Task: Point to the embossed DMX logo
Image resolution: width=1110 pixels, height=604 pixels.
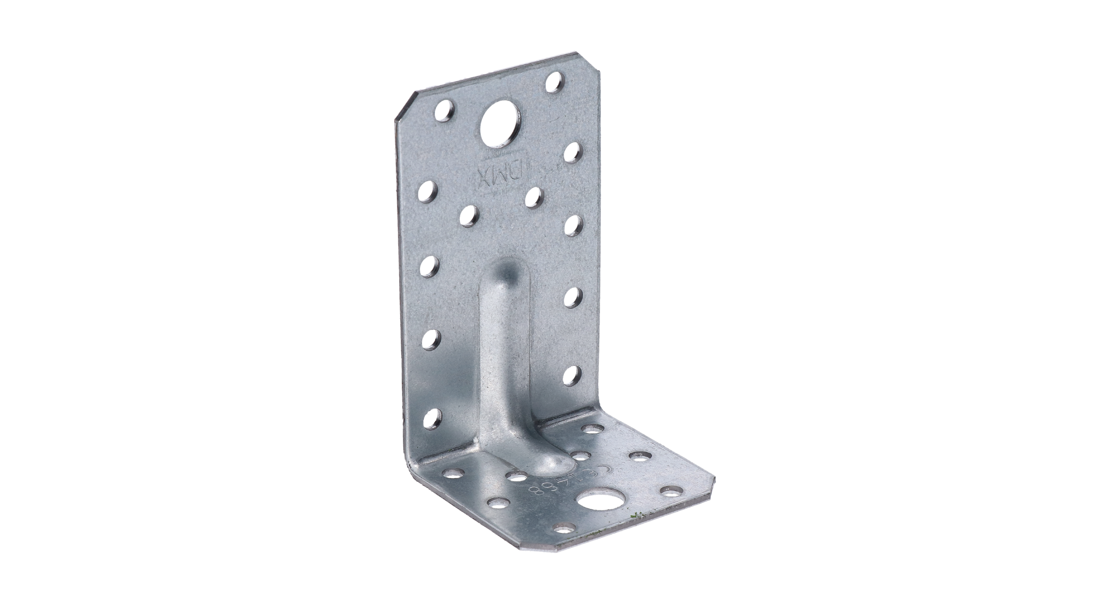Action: [x=500, y=176]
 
